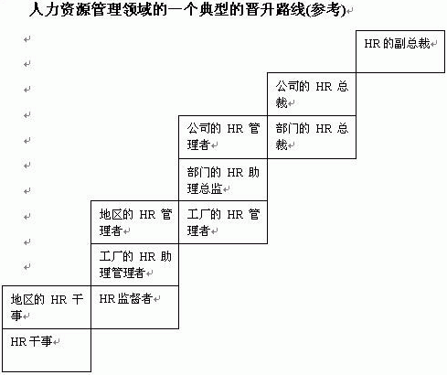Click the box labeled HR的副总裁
tap(400, 51)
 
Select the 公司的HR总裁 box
tap(312, 94)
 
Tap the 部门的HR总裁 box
tap(312, 137)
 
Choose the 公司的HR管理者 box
tap(223, 137)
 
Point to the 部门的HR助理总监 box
tap(223, 179)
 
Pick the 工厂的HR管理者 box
tap(223, 222)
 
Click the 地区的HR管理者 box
tap(134, 222)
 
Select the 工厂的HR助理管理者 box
tap(134, 264)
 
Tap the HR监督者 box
tap(134, 307)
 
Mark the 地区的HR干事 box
tap(47, 307)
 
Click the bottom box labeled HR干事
tap(47, 350)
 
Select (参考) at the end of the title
tap(326, 10)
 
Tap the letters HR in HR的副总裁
tap(372, 44)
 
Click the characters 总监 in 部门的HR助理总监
tap(210, 188)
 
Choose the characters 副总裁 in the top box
tap(411, 44)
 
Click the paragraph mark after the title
tap(350, 11)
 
